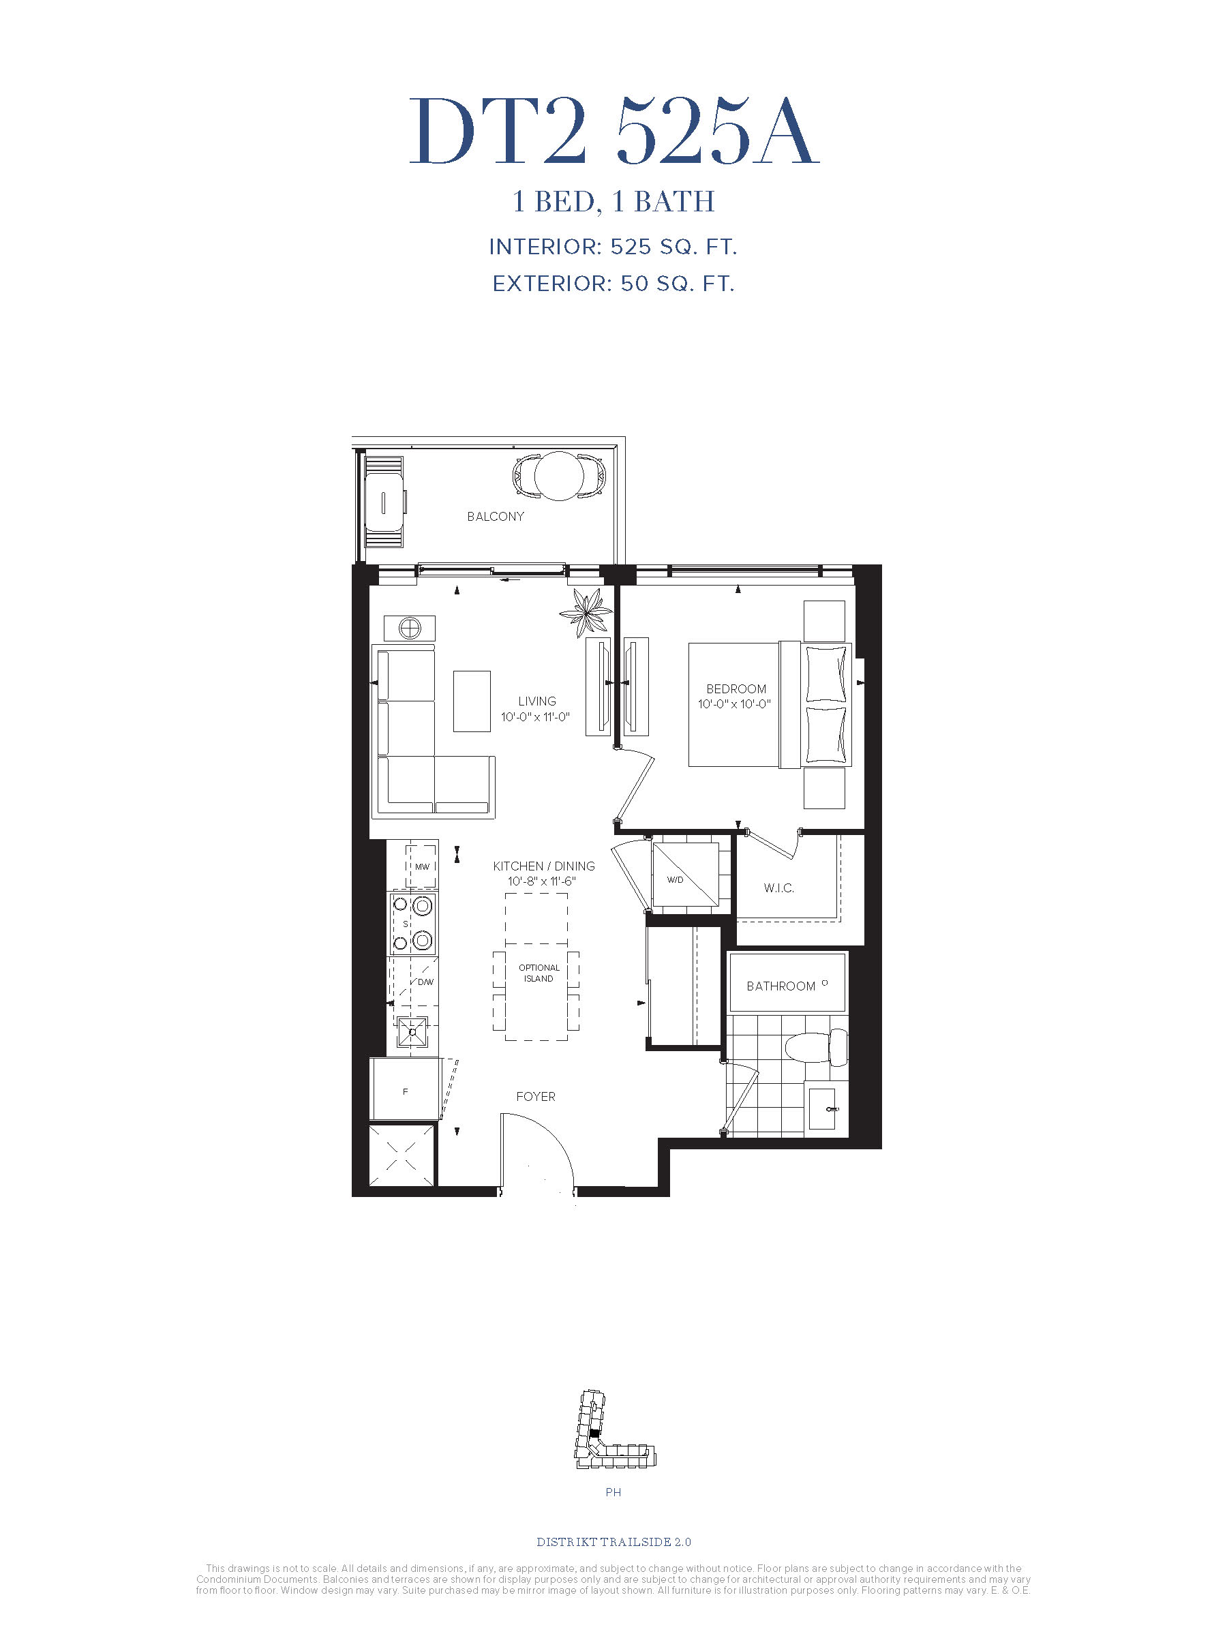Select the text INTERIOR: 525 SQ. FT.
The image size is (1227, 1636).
[613, 247]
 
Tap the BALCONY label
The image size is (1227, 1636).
[496, 516]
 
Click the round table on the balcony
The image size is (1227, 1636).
[558, 477]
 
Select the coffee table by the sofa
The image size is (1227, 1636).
[472, 701]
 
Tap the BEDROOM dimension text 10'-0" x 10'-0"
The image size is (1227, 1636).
[734, 704]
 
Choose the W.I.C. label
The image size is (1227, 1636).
[778, 888]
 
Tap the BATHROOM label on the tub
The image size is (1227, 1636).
[781, 986]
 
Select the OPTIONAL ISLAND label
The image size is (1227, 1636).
[539, 973]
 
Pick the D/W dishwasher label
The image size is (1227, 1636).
[425, 982]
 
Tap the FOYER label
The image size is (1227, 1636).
[536, 1097]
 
